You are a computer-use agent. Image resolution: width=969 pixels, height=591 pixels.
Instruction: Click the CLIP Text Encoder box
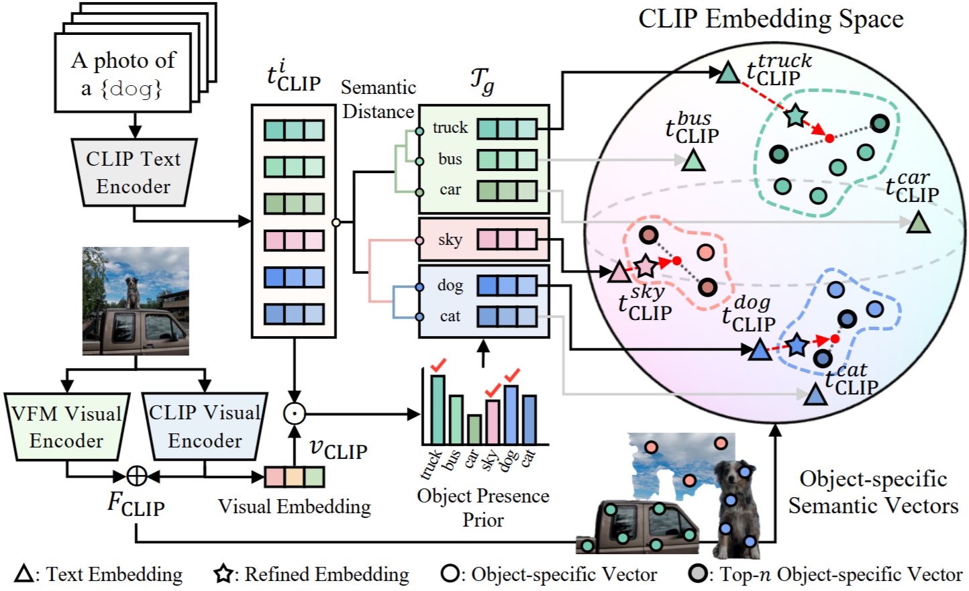tap(134, 172)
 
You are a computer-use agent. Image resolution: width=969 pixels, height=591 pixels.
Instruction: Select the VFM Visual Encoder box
tap(66, 427)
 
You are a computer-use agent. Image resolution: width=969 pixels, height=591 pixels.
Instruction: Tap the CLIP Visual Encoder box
tap(205, 427)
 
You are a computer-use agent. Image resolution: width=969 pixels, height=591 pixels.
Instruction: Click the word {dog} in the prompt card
tap(131, 89)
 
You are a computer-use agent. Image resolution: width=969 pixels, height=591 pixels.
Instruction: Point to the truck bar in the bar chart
tap(438, 409)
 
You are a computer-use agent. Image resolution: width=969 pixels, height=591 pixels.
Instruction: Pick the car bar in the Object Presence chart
tap(474, 429)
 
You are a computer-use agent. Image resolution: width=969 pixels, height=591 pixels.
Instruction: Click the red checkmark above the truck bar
tap(439, 366)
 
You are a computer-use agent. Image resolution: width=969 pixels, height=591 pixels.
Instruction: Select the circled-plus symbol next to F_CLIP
tap(137, 476)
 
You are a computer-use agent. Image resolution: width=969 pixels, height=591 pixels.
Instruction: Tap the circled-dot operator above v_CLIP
tap(294, 414)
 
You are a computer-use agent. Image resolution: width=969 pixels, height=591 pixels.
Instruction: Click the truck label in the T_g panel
tap(450, 127)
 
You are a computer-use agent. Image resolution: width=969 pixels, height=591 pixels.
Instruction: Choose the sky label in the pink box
tap(450, 239)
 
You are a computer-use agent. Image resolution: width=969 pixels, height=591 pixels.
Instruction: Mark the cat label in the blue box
tap(450, 316)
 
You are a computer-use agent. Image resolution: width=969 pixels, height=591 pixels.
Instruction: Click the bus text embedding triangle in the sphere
tap(693, 160)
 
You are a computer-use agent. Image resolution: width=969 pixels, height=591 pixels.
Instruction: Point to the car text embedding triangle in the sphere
tap(918, 223)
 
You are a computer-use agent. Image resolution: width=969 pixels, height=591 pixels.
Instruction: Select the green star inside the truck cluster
tap(795, 115)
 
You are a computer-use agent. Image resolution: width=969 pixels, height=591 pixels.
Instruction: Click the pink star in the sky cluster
tap(645, 266)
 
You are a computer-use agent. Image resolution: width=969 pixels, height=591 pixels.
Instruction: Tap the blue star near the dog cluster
tap(797, 345)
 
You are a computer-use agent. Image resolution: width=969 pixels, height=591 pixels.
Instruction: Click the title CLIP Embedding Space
tap(770, 19)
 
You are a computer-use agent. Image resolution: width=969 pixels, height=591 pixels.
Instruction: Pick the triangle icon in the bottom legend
tap(24, 574)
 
